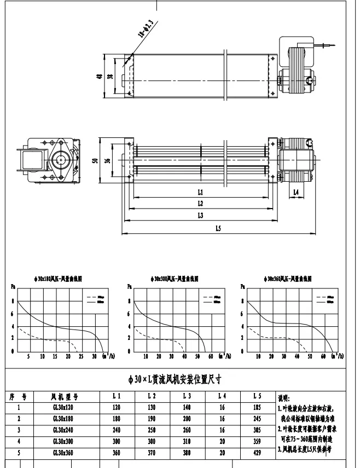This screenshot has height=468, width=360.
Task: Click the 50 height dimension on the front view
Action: pyautogui.click(x=95, y=161)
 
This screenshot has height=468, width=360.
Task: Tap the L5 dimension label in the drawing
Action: pyautogui.click(x=218, y=228)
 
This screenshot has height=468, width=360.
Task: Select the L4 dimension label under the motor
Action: pyautogui.click(x=295, y=193)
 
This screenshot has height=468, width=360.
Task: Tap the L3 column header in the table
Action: pyautogui.click(x=187, y=396)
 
